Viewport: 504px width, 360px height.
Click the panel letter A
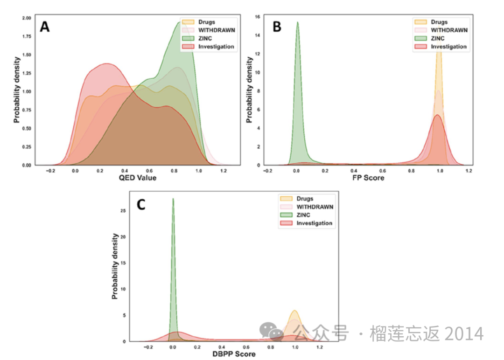(45, 27)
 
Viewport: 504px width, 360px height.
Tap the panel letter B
(277, 27)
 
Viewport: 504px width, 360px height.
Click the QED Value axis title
(138, 178)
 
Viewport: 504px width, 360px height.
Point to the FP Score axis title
(368, 178)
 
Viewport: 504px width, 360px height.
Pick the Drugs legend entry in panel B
(439, 22)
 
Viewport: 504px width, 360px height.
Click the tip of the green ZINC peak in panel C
(173, 199)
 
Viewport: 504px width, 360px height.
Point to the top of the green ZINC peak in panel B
(297, 22)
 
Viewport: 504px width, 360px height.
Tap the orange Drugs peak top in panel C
(294, 311)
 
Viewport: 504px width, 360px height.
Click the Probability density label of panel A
(16, 90)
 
